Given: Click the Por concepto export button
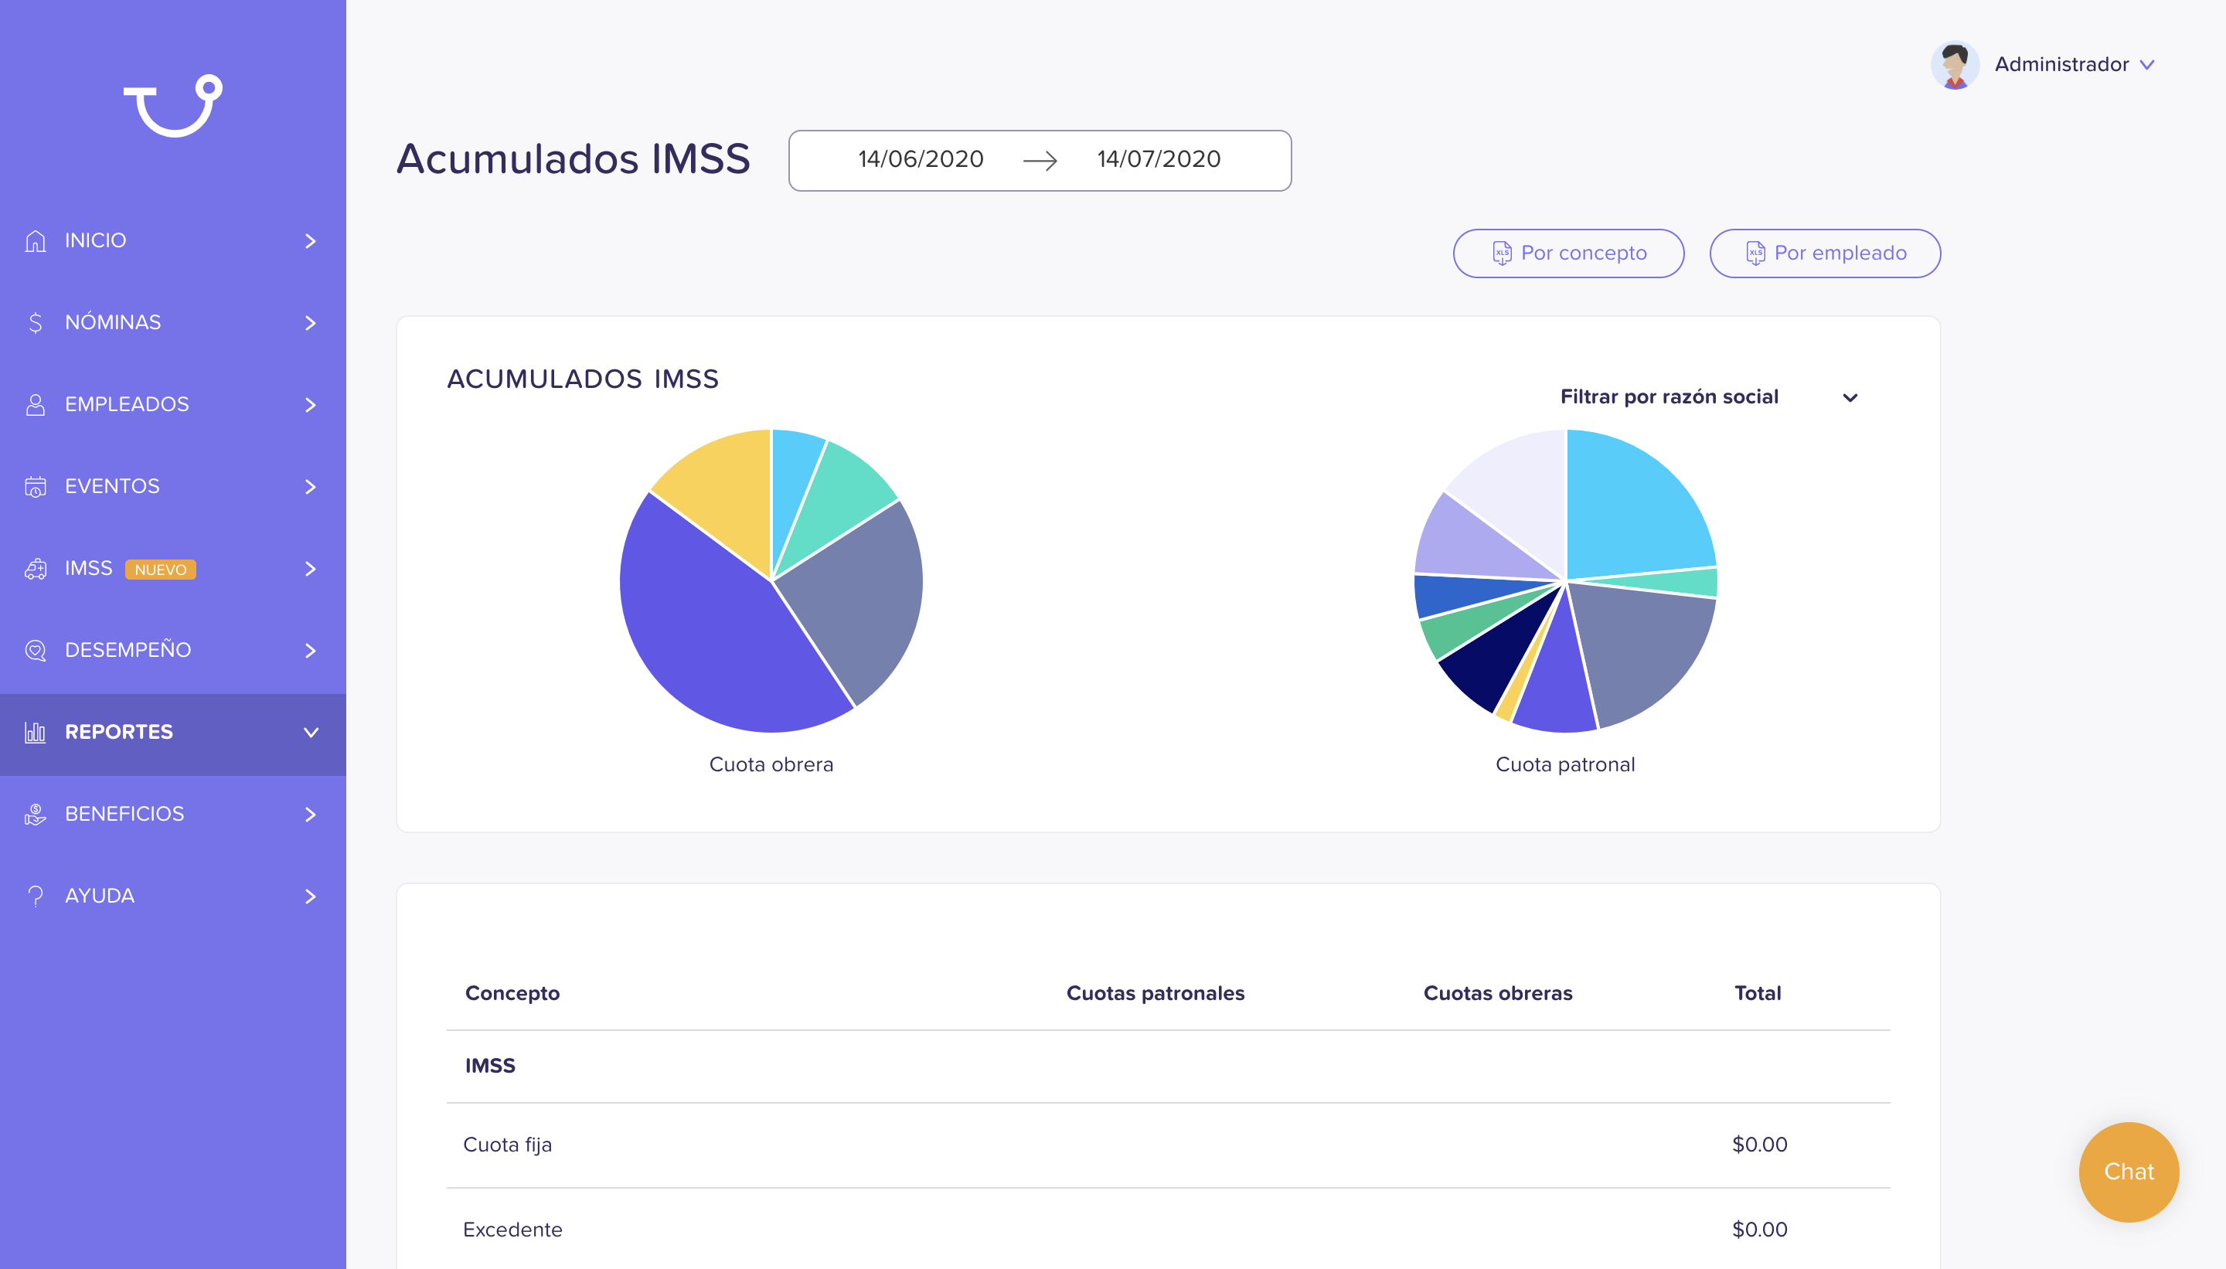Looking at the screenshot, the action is point(1568,253).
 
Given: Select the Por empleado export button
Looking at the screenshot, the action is point(1825,253).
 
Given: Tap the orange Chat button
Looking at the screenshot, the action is point(2129,1172).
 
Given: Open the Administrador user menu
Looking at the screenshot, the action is point(2074,64).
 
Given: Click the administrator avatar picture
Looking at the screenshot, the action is point(1955,64).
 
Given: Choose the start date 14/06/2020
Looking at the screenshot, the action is point(921,159).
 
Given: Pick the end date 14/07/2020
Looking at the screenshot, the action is point(1159,159).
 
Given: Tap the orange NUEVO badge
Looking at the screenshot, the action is point(160,569).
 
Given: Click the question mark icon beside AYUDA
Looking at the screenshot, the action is point(36,896).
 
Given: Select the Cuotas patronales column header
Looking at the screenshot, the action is point(1155,993).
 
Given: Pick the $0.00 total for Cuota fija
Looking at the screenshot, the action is point(1759,1145).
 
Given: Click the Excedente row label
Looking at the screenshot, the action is point(512,1230).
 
